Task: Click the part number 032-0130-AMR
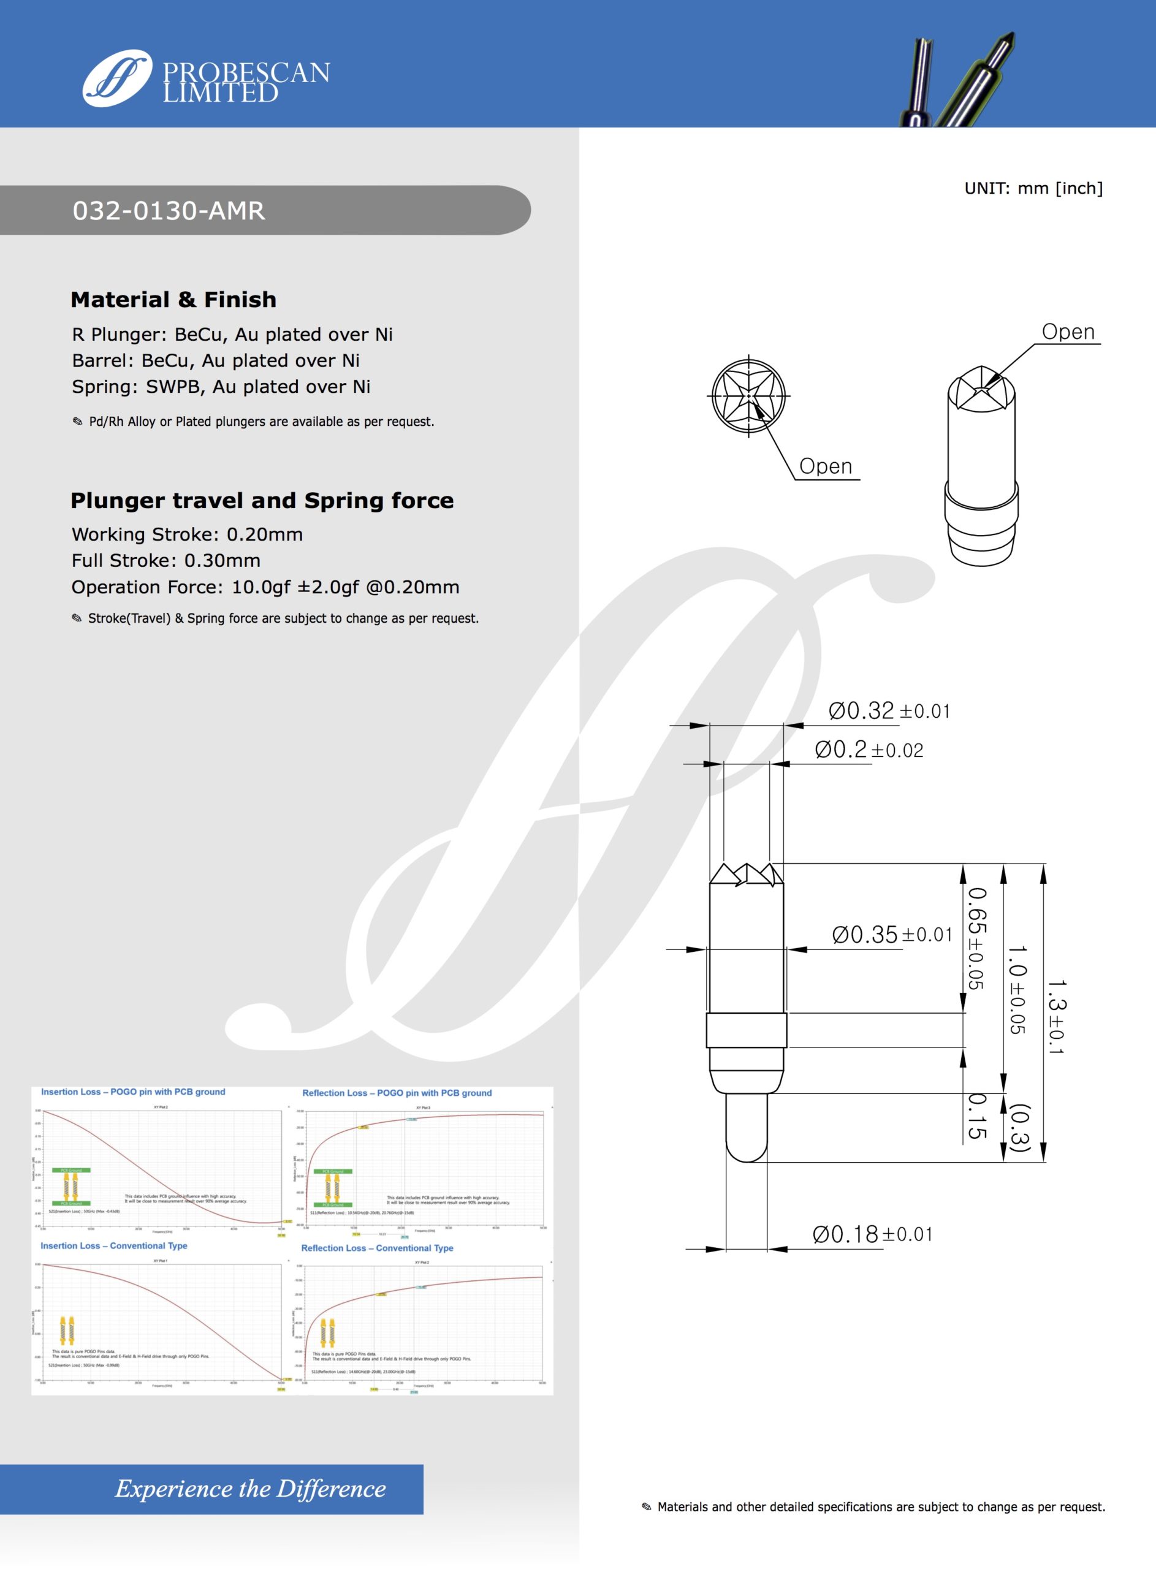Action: click(169, 211)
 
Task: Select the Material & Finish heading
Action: click(173, 299)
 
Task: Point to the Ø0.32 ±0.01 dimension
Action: click(889, 711)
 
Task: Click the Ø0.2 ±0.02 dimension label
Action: click(869, 750)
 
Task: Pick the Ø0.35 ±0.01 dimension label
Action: click(891, 935)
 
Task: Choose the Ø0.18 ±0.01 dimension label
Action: click(872, 1234)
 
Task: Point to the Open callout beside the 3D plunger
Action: click(1068, 332)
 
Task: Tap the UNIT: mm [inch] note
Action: click(1033, 188)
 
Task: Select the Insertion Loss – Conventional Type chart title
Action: click(113, 1246)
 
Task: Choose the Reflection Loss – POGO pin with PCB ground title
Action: click(397, 1093)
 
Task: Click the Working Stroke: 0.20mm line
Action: click(187, 534)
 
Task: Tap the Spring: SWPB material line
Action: click(221, 387)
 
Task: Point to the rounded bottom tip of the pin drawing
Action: click(747, 1154)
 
